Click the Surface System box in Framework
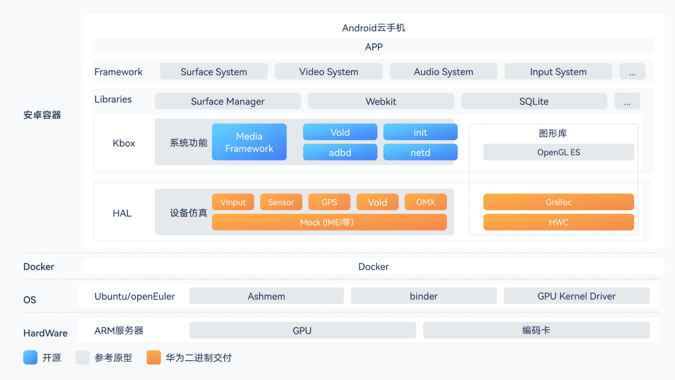point(214,72)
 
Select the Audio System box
point(443,72)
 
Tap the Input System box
point(558,72)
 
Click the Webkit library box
point(381,101)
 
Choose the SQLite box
point(534,101)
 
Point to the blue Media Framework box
point(249,142)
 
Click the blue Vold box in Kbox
point(340,132)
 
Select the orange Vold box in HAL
point(377,202)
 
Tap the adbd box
point(340,152)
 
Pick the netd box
point(420,152)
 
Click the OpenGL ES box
point(559,152)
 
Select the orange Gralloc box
point(559,202)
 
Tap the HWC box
point(559,222)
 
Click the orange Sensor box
point(281,202)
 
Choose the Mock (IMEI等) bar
point(329,222)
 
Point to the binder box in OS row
point(424,296)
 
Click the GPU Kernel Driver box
point(577,296)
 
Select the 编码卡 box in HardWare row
point(536,330)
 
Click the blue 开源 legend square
point(30,357)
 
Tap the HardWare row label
point(45,333)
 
